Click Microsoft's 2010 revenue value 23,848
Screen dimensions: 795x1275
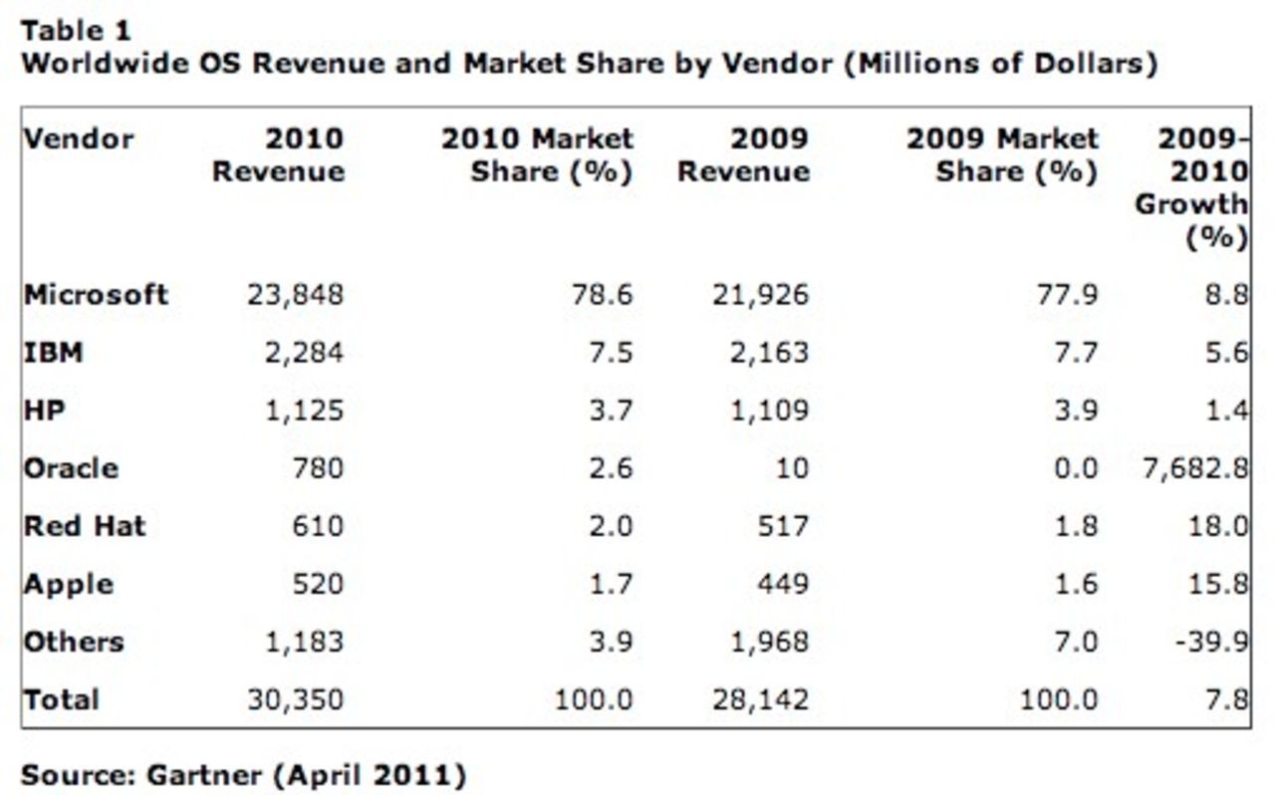coord(294,295)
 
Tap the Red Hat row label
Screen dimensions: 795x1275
coord(85,526)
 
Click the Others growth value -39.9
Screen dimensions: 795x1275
coord(1212,642)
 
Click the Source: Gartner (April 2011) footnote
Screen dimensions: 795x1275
coord(243,774)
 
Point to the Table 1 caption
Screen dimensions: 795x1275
coord(76,31)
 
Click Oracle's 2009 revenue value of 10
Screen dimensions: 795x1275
coord(792,468)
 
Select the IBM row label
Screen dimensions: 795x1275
coord(53,353)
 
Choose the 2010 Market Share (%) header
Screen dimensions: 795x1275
coord(538,154)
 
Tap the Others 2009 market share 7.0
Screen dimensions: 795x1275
coord(1077,642)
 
